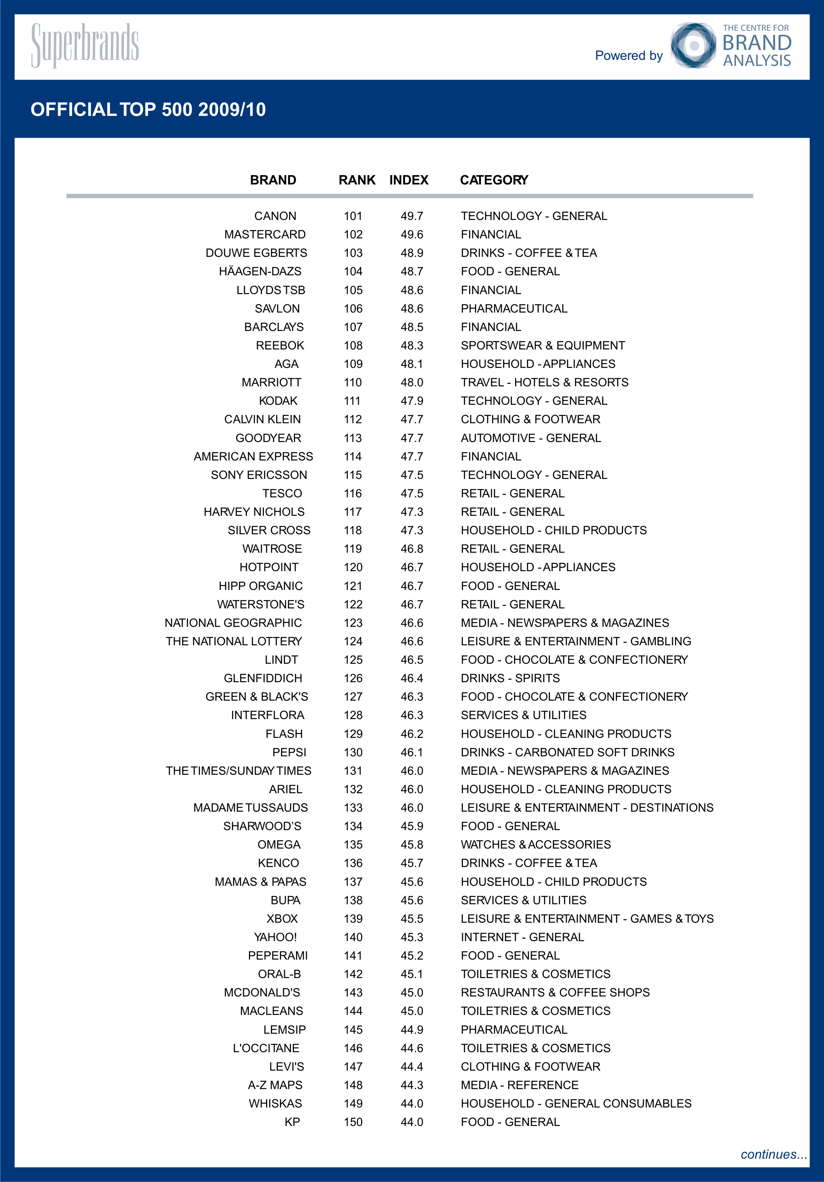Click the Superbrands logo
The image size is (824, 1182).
pos(85,45)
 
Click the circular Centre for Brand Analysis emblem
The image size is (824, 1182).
pos(693,45)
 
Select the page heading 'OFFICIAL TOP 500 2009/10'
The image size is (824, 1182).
pos(148,110)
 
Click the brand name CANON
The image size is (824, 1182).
pos(275,216)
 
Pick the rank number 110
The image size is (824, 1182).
pos(353,383)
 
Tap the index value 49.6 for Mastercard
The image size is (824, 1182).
pos(412,235)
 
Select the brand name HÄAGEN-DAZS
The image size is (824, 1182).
pos(260,271)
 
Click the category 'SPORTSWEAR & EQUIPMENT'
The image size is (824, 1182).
pos(543,345)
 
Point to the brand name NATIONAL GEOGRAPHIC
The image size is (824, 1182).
pos(233,623)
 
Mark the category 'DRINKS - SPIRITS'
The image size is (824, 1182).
pos(510,678)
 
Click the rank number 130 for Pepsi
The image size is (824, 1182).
pos(353,752)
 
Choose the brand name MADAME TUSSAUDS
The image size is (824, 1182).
pos(250,808)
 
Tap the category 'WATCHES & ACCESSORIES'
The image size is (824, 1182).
pos(536,845)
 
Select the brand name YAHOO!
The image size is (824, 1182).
pos(275,937)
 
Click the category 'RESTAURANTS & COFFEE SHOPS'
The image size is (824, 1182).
pos(555,993)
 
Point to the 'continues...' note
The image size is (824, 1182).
pos(774,1155)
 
